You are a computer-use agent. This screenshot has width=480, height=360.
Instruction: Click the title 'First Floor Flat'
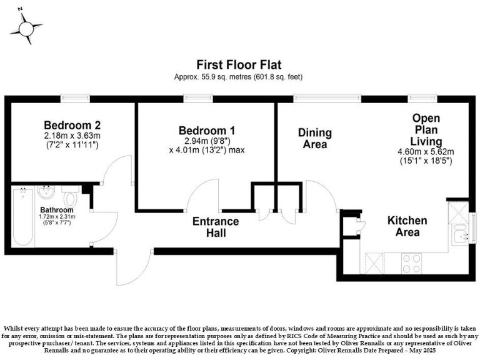click(x=239, y=64)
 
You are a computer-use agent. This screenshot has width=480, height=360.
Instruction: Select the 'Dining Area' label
click(x=314, y=138)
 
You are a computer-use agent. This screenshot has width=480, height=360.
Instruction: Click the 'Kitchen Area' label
click(x=407, y=226)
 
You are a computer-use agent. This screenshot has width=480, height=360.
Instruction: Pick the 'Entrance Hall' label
click(x=215, y=227)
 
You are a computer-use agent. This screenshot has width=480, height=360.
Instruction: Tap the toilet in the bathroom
click(x=71, y=198)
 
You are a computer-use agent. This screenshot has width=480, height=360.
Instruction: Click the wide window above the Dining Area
click(x=327, y=98)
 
